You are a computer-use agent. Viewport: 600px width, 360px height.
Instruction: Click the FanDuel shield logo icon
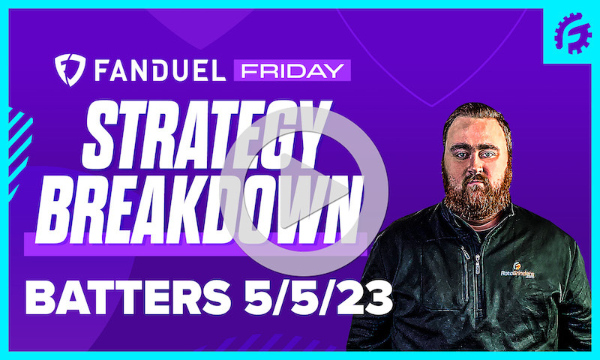coord(69,70)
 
